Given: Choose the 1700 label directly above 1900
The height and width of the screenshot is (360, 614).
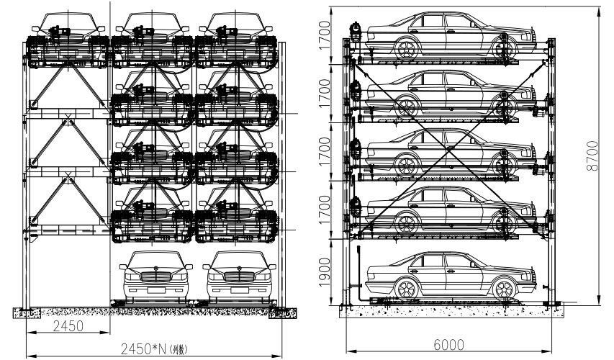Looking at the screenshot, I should click(325, 210).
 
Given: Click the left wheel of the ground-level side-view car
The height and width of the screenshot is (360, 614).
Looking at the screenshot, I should click(407, 289).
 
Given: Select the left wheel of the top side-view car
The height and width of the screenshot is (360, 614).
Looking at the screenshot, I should click(407, 49).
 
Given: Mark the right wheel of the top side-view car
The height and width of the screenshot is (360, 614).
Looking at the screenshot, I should click(503, 49).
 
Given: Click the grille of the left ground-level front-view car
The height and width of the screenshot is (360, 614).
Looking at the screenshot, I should click(155, 276).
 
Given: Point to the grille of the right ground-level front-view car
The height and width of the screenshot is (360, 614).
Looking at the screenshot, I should click(238, 276).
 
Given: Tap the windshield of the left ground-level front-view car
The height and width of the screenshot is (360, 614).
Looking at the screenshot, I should click(155, 260).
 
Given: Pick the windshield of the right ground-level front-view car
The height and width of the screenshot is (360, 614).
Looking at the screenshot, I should click(238, 260).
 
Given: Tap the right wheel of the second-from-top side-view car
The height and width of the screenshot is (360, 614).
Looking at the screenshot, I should click(503, 107).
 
